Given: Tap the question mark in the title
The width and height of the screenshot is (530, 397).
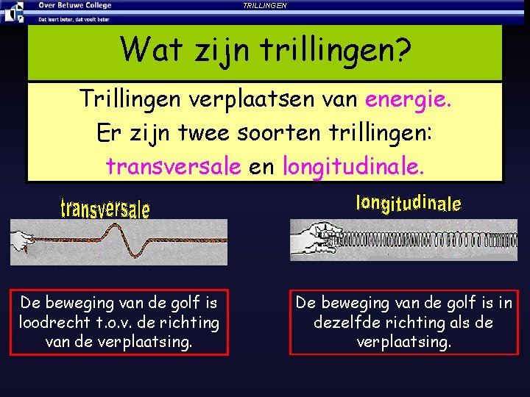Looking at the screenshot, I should [x=402, y=50].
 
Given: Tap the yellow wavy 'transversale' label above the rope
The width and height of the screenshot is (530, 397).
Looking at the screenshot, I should [x=105, y=208].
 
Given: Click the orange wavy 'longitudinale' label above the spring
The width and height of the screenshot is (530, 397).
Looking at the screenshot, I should [x=409, y=203].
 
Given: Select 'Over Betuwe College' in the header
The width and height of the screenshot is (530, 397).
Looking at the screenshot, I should [x=75, y=5].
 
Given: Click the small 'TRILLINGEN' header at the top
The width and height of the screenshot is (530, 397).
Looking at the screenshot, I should [x=265, y=5].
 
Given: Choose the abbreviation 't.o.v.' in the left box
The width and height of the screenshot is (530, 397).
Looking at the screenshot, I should [x=118, y=322].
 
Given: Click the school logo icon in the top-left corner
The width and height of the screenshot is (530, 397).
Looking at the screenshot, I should [x=12, y=11].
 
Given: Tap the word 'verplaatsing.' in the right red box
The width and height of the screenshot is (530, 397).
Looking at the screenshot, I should [x=403, y=342].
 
